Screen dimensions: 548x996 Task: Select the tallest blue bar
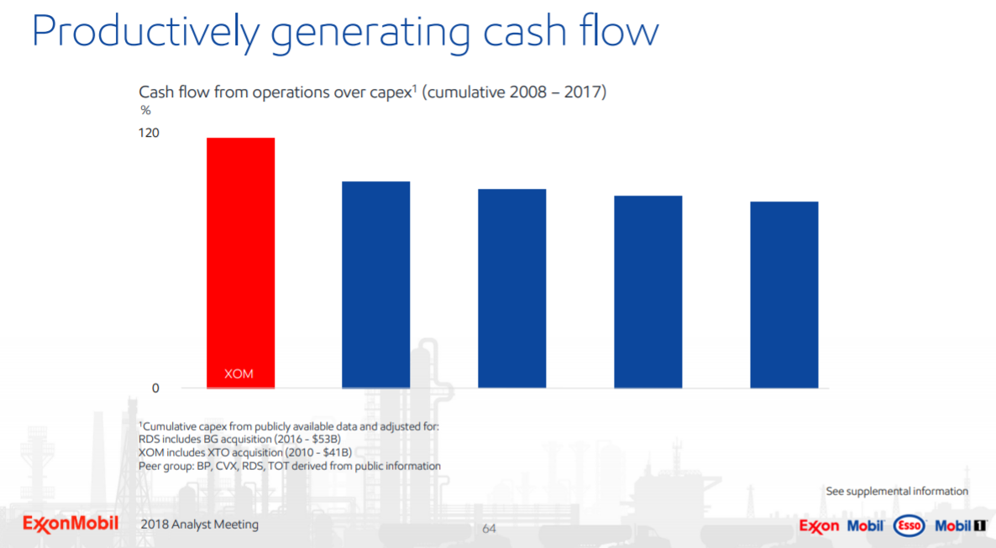point(376,284)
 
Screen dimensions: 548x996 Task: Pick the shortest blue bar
point(784,295)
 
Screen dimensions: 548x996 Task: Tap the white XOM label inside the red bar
point(239,373)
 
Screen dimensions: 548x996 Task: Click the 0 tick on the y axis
point(155,389)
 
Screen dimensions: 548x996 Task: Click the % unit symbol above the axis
point(144,110)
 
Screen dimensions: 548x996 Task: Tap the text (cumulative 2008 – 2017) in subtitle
point(514,92)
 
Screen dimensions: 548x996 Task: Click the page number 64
point(489,529)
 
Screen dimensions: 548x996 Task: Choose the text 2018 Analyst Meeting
point(200,525)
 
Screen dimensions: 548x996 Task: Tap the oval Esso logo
point(909,526)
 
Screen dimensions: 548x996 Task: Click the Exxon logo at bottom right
point(819,526)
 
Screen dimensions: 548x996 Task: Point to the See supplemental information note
point(897,491)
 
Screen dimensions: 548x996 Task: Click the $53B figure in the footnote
point(326,439)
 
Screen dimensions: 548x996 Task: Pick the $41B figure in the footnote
point(329,452)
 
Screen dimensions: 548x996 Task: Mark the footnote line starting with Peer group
point(290,466)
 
